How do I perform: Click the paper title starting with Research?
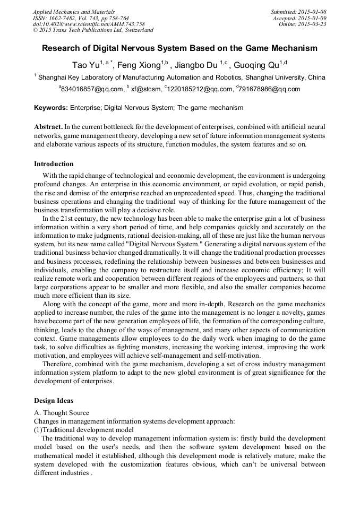179,48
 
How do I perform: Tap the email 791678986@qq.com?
270,89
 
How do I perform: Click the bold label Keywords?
51,108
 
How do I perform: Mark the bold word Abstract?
48,127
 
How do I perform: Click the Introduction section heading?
54,163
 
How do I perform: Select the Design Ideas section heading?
54,400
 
